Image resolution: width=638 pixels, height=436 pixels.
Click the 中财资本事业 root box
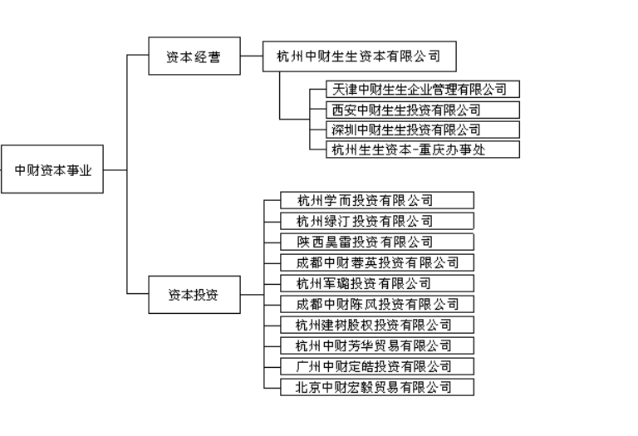(x=53, y=170)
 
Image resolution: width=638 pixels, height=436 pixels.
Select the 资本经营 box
(x=193, y=57)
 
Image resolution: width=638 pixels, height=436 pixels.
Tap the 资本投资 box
(x=193, y=293)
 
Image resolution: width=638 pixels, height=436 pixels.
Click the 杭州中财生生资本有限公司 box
(x=358, y=57)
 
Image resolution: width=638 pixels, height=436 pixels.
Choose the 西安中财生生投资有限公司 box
(x=424, y=110)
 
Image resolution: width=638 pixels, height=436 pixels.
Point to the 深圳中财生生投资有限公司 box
(x=424, y=130)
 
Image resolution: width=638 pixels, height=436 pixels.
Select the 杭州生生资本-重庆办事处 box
(x=424, y=149)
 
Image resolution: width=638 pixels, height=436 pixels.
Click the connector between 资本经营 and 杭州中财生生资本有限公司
(x=250, y=57)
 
